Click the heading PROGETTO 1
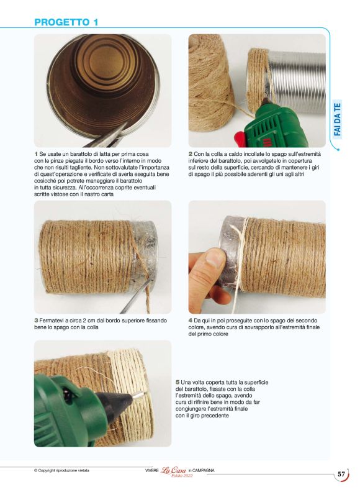[66, 22]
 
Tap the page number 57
[341, 474]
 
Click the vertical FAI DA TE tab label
[337, 119]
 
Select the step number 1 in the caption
[36, 154]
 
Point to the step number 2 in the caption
[191, 154]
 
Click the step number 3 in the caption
[36, 321]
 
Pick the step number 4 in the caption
[191, 321]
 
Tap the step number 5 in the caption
[178, 383]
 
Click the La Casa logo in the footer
[173, 470]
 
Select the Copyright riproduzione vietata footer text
[61, 471]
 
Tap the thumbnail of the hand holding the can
[257, 257]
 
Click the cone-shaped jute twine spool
[211, 83]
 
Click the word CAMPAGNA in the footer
[203, 471]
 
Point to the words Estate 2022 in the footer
[182, 476]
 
